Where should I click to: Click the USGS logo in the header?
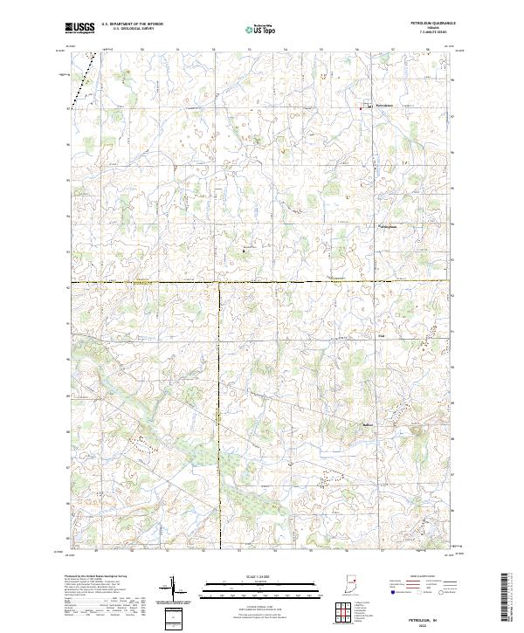click(80, 29)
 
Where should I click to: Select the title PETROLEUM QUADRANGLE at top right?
click(427, 24)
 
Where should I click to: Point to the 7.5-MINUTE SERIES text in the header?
click(427, 33)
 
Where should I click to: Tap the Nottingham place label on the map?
click(386, 228)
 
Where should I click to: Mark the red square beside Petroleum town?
click(368, 107)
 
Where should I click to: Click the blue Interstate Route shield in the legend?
click(382, 591)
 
